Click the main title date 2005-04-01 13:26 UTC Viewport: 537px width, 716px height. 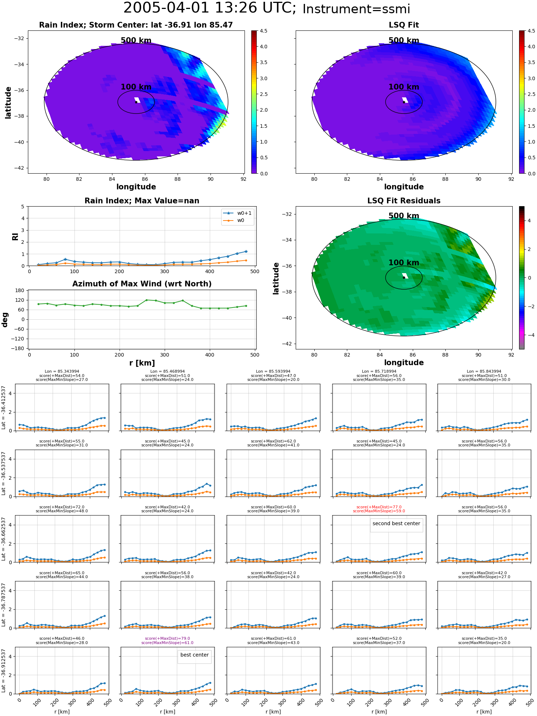click(210, 8)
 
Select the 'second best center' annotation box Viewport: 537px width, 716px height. click(396, 525)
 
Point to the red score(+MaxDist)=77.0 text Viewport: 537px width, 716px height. click(379, 507)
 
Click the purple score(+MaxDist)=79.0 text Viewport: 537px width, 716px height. click(168, 638)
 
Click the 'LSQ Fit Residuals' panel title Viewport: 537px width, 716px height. click(404, 201)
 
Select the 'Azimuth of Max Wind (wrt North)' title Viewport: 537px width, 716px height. click(142, 284)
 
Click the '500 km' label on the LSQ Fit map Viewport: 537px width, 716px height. click(404, 40)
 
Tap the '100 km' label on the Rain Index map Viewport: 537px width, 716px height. click(136, 87)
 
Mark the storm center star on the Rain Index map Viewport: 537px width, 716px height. click(136, 102)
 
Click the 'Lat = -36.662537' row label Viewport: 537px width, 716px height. click(4, 539)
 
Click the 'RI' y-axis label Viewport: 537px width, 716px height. click(15, 236)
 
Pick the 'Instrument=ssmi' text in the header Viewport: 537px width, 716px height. click(356, 9)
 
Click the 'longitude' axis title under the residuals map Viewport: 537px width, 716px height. click(404, 363)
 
